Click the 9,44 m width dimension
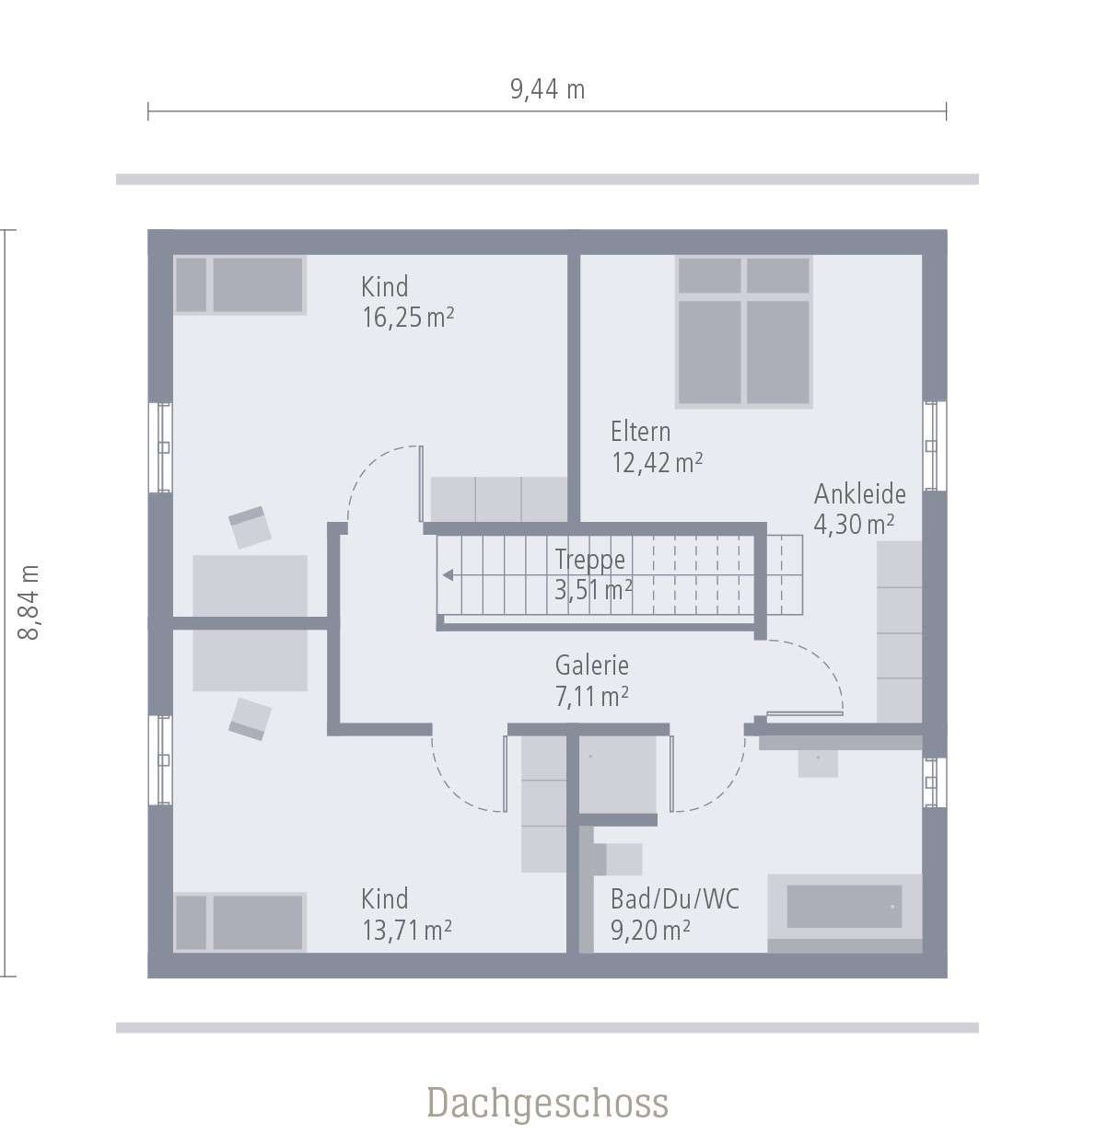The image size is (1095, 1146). [547, 89]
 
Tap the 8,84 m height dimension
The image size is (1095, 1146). [30, 602]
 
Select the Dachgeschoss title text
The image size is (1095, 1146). [547, 1102]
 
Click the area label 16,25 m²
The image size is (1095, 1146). [407, 318]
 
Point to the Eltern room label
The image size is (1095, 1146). [640, 431]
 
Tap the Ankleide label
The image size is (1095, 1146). [859, 494]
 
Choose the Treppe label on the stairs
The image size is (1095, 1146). [589, 560]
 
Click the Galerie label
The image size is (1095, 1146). [591, 665]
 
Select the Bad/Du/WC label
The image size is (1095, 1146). [674, 898]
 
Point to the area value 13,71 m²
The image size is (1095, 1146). [406, 930]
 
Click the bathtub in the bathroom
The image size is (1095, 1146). [844, 907]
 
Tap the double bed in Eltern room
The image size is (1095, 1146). [744, 331]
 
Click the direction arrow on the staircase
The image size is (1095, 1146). [448, 575]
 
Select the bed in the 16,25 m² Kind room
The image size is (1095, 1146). [239, 285]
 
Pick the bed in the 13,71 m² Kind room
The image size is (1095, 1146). [239, 921]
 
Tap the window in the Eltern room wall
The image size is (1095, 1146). [934, 446]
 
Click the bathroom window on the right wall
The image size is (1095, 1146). [934, 782]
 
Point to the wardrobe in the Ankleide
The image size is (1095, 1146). [899, 631]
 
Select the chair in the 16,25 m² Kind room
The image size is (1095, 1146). [250, 527]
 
